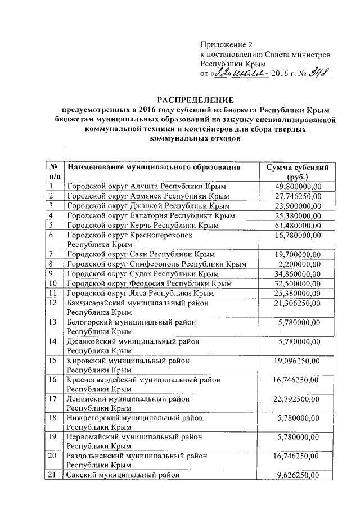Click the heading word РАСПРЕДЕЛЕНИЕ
pyautogui.click(x=196, y=100)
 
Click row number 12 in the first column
pyautogui.click(x=54, y=303)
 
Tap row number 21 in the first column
pyautogui.click(x=54, y=475)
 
